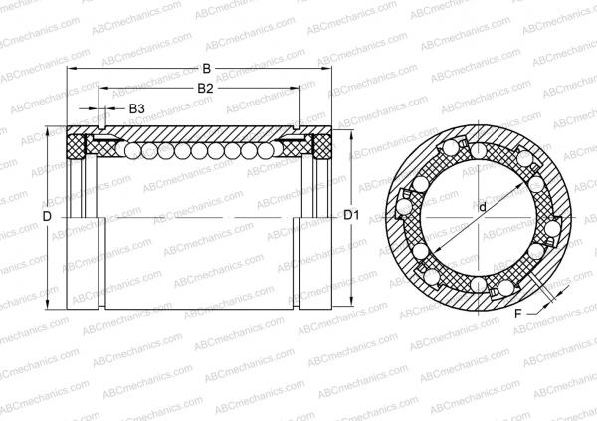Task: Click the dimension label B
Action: tap(206, 69)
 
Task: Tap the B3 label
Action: tap(137, 107)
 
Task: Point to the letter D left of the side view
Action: tap(47, 216)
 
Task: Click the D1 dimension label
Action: tap(351, 215)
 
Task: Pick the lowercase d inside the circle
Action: tap(482, 208)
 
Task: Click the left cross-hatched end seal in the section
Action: tap(76, 148)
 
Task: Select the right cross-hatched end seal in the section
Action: tap(319, 148)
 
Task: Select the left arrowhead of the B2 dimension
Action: tap(101, 89)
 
